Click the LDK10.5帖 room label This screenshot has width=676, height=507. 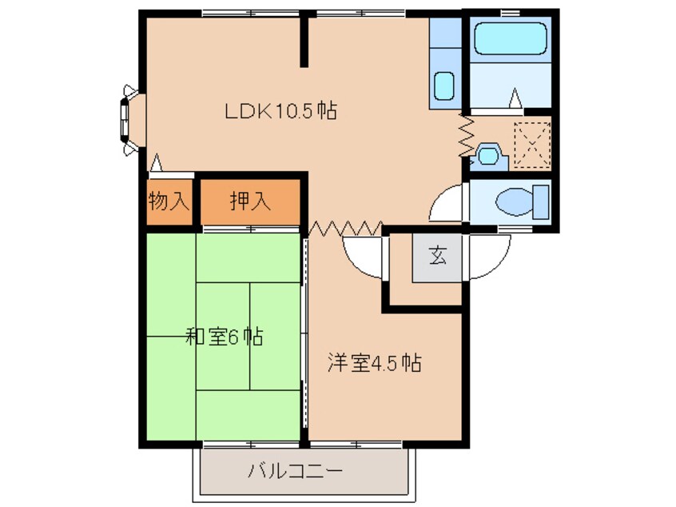click(280, 111)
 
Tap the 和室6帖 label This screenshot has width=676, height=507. click(224, 337)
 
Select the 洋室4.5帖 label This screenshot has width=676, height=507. click(374, 362)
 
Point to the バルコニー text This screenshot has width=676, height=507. click(295, 471)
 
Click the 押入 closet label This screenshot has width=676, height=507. click(250, 201)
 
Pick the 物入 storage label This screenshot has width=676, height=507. click(169, 201)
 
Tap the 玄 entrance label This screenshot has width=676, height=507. click(437, 256)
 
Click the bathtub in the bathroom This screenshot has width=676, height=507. click(511, 38)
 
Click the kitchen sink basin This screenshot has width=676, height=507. click(444, 86)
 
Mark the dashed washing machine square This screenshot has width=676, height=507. click(532, 145)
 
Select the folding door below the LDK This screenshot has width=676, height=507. click(346, 228)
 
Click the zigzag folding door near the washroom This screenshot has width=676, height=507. click(467, 134)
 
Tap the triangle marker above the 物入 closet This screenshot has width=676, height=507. click(157, 162)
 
